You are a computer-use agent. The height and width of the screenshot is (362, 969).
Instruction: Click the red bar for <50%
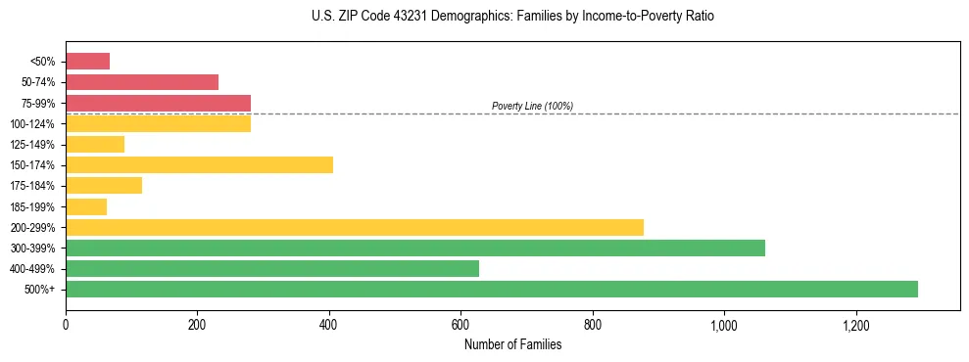pos(87,62)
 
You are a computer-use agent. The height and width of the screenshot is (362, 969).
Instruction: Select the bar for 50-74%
pos(142,82)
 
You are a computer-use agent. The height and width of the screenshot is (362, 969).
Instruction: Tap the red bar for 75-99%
pos(158,103)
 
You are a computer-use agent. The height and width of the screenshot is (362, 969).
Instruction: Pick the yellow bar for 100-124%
pos(158,123)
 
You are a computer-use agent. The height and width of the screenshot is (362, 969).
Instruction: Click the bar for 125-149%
pos(95,144)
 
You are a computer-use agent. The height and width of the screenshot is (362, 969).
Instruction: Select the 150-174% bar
pos(199,164)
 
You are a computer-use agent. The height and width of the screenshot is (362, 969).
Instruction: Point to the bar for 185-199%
pos(86,206)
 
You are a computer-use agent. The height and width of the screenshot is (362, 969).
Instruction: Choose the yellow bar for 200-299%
pos(355,227)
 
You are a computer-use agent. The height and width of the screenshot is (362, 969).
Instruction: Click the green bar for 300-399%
pos(415,248)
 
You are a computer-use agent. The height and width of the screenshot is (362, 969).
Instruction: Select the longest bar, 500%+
pos(492,289)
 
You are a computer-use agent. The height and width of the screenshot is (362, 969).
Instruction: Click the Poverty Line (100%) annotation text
pos(532,106)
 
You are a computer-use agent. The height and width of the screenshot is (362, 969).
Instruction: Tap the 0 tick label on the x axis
pos(66,325)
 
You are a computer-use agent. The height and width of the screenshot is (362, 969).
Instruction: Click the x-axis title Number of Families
pos(512,344)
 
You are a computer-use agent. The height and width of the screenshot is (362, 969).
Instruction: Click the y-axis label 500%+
pos(40,290)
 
